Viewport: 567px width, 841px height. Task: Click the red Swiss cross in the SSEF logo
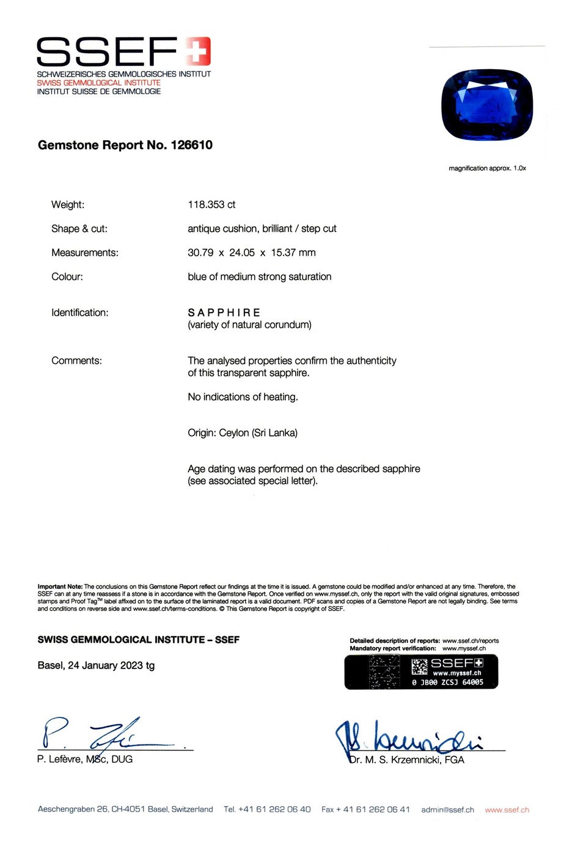[x=198, y=51]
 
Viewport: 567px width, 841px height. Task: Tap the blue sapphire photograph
[x=487, y=105]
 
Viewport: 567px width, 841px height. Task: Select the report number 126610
[x=192, y=145]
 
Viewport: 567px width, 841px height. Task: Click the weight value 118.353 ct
[x=211, y=204]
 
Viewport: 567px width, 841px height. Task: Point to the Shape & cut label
[x=79, y=229]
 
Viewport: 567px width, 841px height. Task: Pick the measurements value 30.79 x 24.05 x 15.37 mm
[x=252, y=253]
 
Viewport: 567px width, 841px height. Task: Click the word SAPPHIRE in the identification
[x=224, y=313]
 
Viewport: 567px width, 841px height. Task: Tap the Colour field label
[x=67, y=276]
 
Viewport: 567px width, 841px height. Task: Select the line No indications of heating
[x=243, y=397]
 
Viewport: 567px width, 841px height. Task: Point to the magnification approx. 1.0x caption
[x=487, y=168]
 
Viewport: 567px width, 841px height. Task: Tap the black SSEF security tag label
[x=421, y=672]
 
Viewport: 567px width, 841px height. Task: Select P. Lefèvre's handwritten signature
[x=98, y=733]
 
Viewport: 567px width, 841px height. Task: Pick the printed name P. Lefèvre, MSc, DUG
[x=85, y=759]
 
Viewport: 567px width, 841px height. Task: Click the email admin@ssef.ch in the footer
[x=447, y=810]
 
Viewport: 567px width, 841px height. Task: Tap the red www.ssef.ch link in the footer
[x=507, y=810]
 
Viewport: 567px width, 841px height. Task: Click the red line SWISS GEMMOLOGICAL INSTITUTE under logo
[x=98, y=83]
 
